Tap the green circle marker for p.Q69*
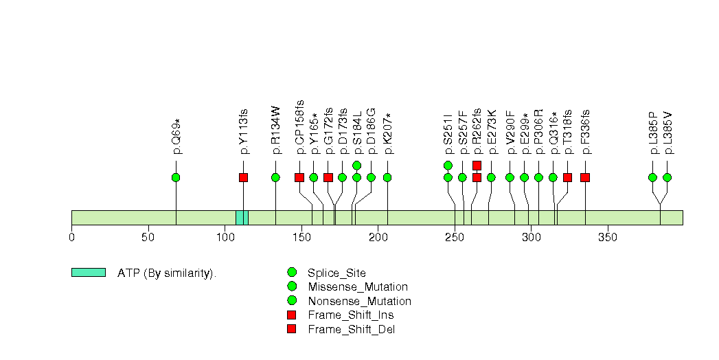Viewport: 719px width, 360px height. coord(176,177)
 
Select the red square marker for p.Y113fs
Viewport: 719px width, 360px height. coord(243,177)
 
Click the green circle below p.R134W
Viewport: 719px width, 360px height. coord(275,177)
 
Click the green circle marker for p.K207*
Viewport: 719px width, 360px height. coord(387,177)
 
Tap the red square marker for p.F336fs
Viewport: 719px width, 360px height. coord(585,177)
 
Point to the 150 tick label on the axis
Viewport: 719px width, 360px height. coord(301,238)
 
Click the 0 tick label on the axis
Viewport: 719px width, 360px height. coord(71,238)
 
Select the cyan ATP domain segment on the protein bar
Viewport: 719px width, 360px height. coord(242,217)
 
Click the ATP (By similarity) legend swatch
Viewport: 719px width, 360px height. coord(89,273)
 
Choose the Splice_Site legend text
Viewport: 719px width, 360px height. coord(337,273)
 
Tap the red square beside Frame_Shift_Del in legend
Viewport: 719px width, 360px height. coord(292,329)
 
